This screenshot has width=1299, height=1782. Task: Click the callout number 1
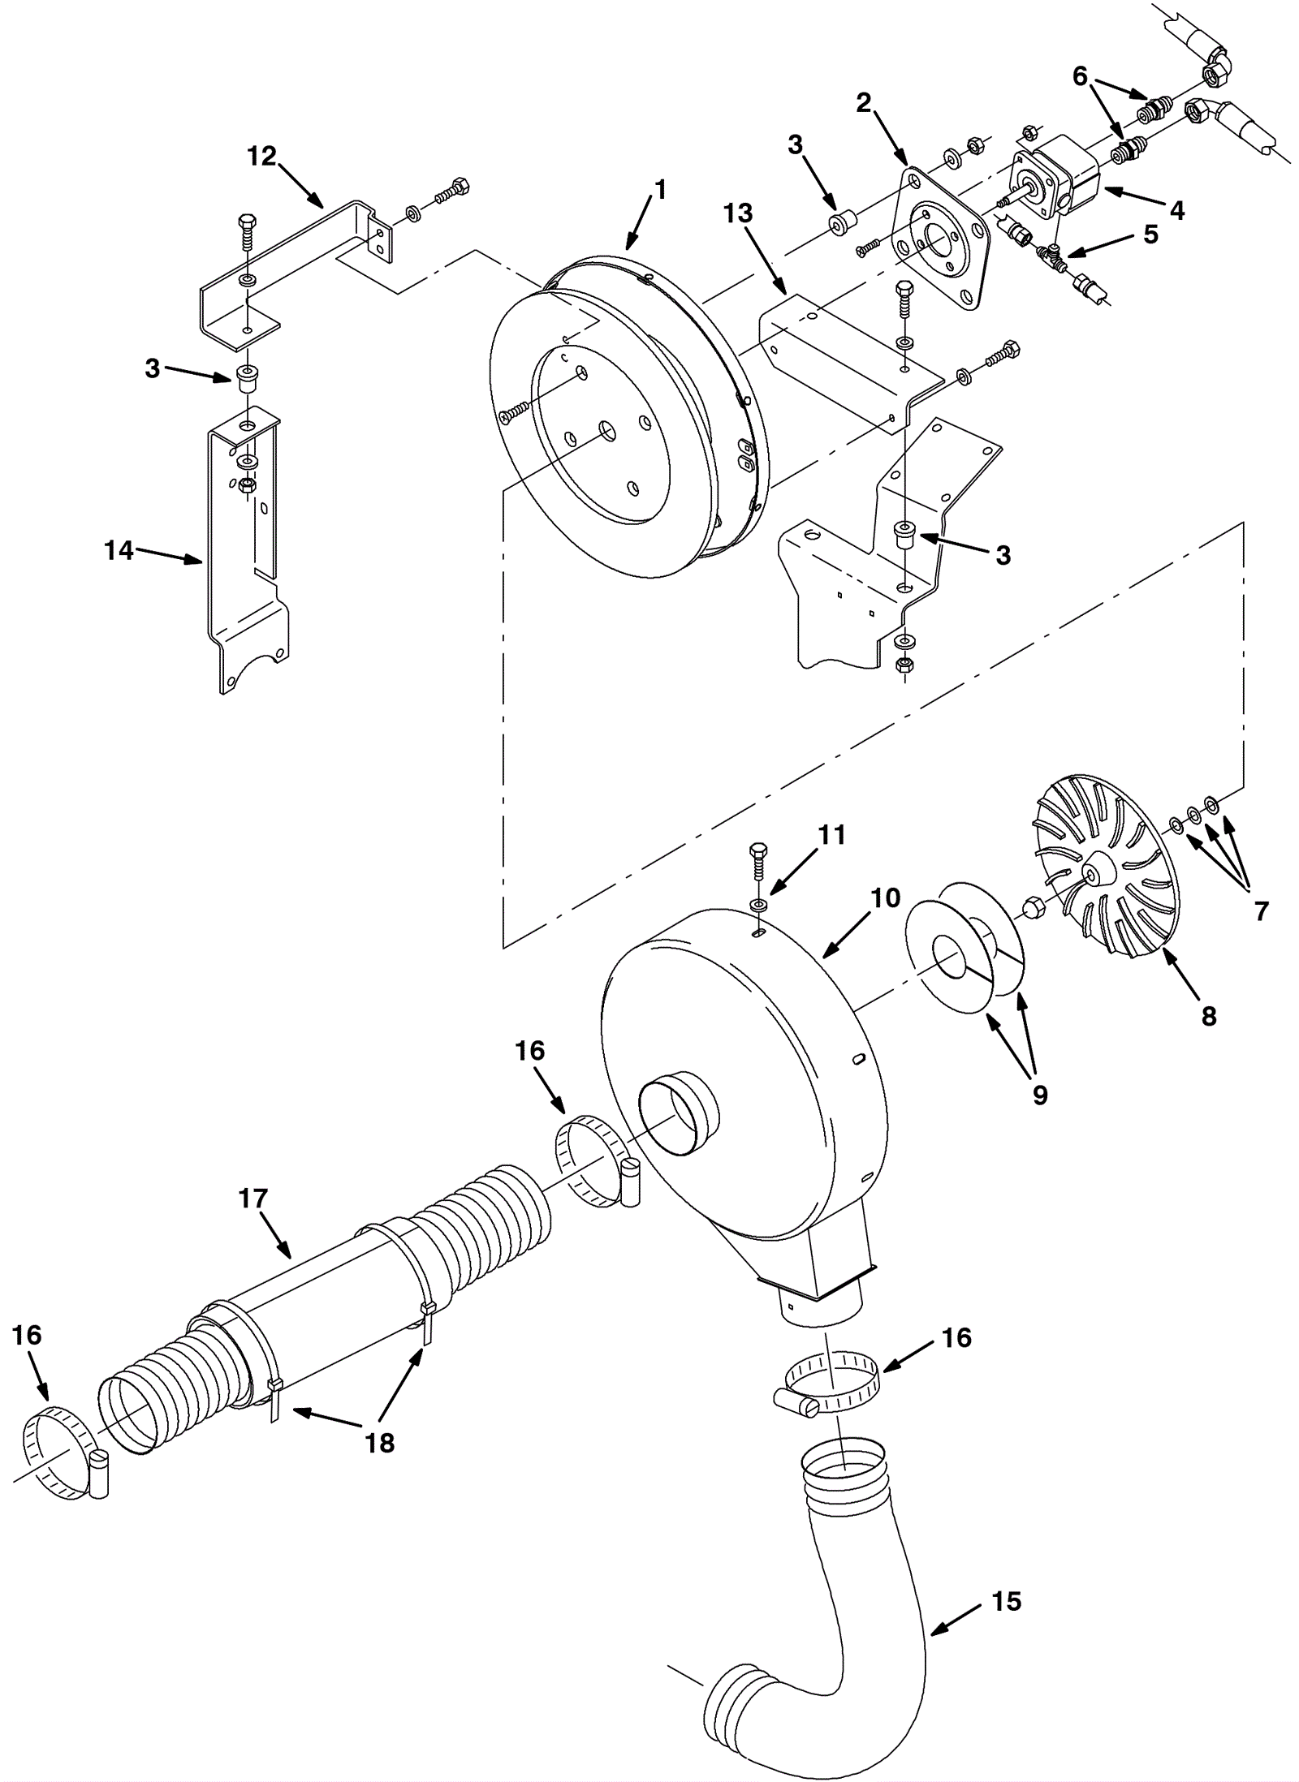coord(659,190)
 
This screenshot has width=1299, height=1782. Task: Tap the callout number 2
coord(863,102)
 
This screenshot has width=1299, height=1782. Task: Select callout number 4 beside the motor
coord(1177,211)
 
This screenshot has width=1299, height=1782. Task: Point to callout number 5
coord(1150,234)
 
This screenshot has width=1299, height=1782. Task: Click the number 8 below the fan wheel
coord(1209,1015)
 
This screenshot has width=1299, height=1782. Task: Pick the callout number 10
coord(886,897)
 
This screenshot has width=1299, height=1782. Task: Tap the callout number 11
coord(832,834)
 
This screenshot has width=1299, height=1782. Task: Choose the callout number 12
coord(261,156)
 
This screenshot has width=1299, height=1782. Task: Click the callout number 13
coord(738,213)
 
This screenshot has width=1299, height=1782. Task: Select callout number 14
coord(119,550)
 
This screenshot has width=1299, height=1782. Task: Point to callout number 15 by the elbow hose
coord(1006,1601)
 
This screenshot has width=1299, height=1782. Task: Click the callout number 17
coord(253,1198)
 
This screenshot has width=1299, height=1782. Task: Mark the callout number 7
coord(1261,912)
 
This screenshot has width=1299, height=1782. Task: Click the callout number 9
coord(1040,1095)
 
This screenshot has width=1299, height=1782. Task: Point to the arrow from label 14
coord(169,556)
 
